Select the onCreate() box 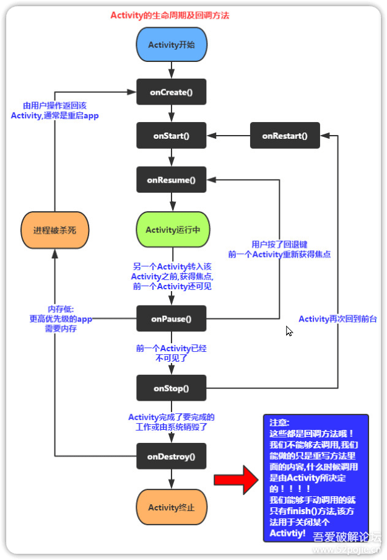pos(171,92)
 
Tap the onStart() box pos(171,135)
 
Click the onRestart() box pos(284,135)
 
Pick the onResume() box pos(171,180)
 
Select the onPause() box pos(171,319)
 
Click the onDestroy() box pos(171,457)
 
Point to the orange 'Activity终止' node pos(171,507)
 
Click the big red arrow pos(237,479)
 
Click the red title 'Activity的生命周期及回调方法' pos(170,15)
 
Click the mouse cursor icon pos(289,331)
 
